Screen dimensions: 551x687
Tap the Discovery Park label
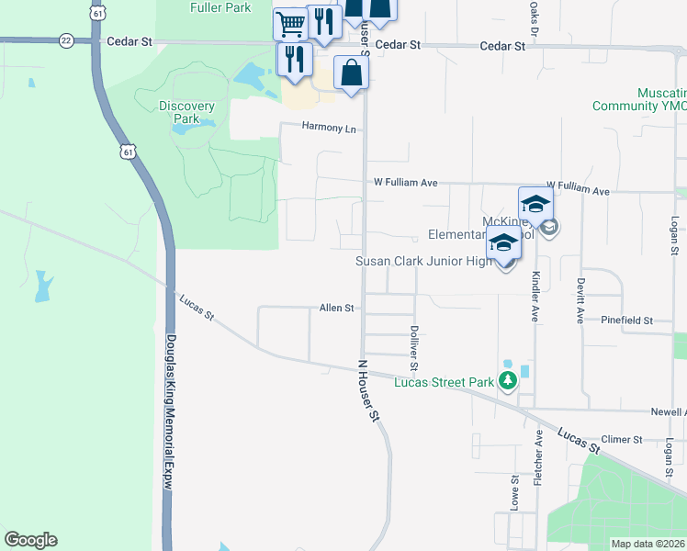coord(186,112)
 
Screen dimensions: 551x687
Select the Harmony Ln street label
coord(330,129)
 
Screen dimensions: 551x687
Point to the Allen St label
coord(336,309)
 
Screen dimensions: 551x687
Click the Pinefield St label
coord(626,320)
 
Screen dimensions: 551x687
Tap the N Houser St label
coord(368,390)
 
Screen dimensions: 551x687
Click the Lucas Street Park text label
coord(445,383)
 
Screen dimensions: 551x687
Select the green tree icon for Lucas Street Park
coord(507,381)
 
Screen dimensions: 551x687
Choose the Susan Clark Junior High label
coord(423,262)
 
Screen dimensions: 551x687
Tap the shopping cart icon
coord(290,23)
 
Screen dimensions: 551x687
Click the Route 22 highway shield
coord(65,40)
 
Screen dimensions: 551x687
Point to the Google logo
coord(30,540)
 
